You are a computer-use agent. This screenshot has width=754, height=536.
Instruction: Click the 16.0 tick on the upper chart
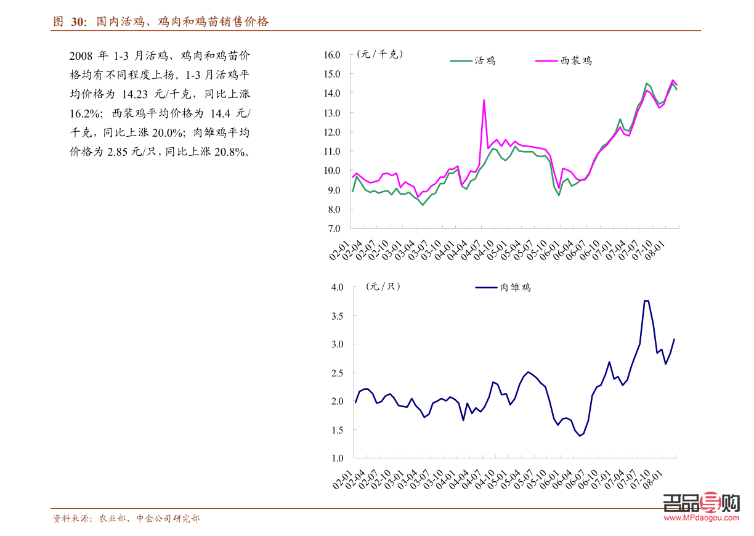pos(331,55)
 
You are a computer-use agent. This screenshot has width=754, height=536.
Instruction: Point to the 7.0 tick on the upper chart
pos(333,229)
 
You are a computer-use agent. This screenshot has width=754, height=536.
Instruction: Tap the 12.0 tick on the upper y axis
pos(331,132)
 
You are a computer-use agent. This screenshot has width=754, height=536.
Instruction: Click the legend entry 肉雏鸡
pos(515,287)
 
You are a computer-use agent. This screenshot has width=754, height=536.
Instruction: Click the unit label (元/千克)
pos(379,54)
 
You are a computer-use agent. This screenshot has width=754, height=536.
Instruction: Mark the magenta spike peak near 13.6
pos(484,100)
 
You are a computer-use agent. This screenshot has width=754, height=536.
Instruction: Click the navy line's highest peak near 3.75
pos(646,301)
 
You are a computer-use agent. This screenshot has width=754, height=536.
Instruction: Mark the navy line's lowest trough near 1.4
pos(580,436)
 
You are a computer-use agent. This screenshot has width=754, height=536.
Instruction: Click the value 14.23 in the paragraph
pos(135,95)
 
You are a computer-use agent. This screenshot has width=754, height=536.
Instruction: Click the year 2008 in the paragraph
pos(81,56)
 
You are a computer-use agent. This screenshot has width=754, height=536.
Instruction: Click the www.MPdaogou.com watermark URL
pos(702,518)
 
